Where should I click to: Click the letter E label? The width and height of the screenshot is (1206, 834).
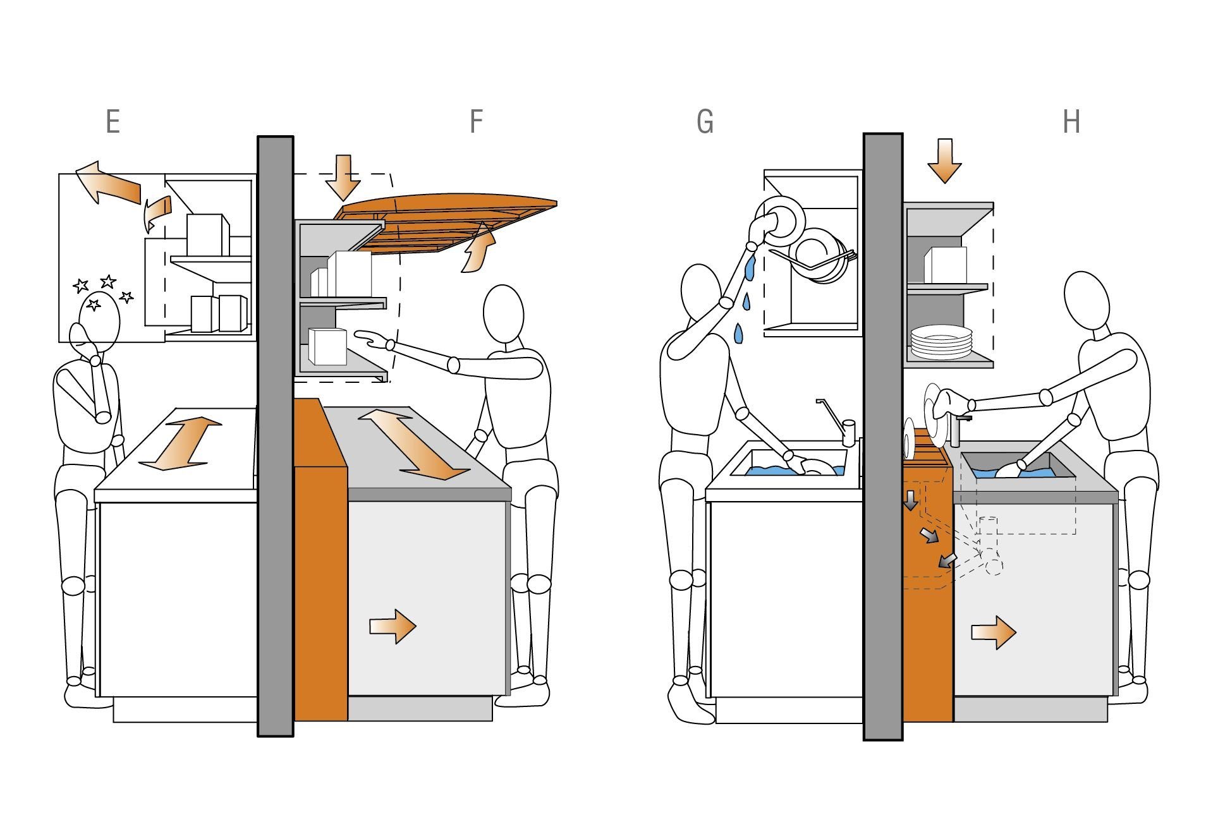point(113,121)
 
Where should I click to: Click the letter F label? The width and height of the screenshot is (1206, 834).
point(477,121)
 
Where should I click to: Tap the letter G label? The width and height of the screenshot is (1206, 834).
point(705,122)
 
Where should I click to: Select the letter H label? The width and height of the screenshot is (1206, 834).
point(1071,121)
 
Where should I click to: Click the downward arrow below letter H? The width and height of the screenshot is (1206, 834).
point(944,161)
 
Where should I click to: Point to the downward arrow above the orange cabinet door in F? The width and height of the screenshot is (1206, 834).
point(343,178)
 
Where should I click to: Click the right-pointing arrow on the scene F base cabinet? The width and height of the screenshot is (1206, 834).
point(393,626)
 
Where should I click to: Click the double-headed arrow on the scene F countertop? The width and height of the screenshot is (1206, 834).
point(414,444)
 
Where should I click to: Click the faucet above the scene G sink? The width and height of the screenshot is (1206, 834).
point(837,422)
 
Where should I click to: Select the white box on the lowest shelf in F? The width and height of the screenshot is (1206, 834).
point(328,346)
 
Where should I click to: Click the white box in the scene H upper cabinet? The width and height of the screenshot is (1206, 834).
point(946,265)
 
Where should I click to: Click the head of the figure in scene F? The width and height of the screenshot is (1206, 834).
point(504,314)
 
